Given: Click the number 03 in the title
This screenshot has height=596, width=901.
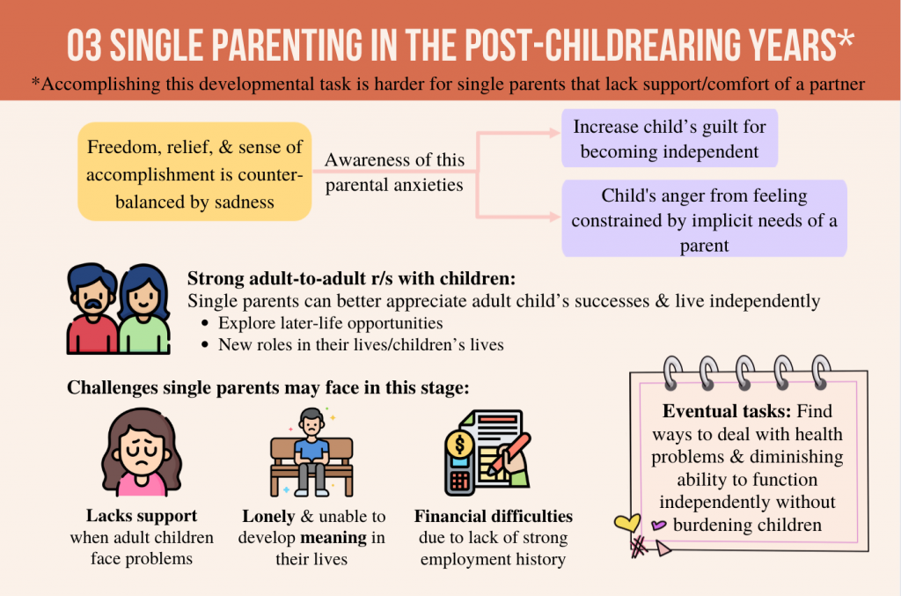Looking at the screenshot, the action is (84, 45).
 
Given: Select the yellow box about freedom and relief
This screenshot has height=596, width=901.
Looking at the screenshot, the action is (194, 172).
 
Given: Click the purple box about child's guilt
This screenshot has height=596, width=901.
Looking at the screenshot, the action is (670, 138).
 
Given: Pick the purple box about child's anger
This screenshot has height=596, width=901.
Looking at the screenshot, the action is (704, 218).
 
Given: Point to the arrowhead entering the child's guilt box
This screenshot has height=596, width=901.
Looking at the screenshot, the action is (554, 133).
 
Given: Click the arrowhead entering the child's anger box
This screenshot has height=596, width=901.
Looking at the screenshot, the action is (554, 217).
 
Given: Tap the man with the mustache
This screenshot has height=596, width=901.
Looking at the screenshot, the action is (92, 309).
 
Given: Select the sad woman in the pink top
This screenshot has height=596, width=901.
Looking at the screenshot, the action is (142, 453).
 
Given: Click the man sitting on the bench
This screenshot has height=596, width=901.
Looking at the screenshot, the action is (311, 451).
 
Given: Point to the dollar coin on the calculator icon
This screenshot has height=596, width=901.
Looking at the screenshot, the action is (459, 444).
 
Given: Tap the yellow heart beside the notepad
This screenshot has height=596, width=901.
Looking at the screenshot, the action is (626, 522).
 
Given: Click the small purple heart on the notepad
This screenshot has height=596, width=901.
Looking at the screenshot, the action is (658, 525).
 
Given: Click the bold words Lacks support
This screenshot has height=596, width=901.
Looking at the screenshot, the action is (142, 516).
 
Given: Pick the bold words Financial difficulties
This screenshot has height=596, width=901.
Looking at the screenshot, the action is (493, 516).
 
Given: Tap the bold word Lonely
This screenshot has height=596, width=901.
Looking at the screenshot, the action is (268, 516).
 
